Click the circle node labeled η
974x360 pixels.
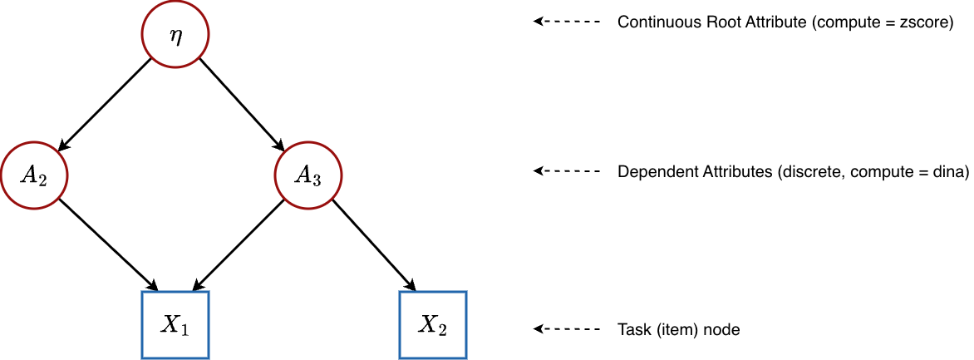coord(175,35)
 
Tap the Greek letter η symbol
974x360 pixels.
coord(175,37)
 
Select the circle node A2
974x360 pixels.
coord(34,175)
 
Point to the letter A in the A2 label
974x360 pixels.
coord(29,175)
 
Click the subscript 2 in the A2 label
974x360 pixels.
coord(41,180)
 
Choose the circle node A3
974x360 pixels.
coord(308,175)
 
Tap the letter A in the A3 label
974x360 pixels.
coord(303,175)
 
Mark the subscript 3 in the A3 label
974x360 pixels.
coord(316,180)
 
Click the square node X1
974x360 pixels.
coord(175,325)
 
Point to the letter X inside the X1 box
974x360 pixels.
coord(170,324)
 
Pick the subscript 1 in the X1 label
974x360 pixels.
coord(184,330)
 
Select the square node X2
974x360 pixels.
coord(433,325)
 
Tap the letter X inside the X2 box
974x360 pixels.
coord(428,324)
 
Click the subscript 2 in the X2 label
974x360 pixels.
coord(442,330)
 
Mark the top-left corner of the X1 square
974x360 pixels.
coord(142,292)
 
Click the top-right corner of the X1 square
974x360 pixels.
coord(208,292)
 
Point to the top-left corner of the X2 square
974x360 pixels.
coord(401,292)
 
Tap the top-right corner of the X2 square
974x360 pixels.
coord(466,292)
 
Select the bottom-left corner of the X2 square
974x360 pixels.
coord(401,358)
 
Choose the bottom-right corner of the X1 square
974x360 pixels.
coord(208,358)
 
